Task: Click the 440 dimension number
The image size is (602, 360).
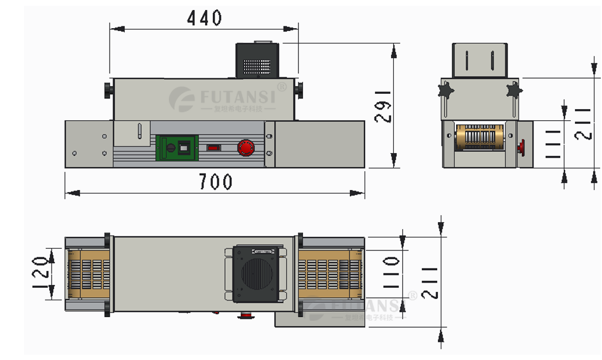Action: tap(204, 19)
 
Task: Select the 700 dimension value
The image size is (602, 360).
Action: tap(215, 182)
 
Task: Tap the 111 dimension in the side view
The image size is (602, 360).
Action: tap(553, 144)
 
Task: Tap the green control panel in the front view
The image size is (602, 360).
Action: tap(176, 148)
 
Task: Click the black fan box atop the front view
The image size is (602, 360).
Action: tap(258, 60)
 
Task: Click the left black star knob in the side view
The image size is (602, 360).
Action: tap(446, 90)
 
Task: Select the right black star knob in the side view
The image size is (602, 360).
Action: tap(514, 90)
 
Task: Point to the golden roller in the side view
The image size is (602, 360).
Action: tap(480, 138)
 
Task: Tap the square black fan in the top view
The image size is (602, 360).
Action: tap(256, 274)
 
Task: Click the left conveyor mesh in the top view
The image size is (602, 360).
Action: tap(90, 274)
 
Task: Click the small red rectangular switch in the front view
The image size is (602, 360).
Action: tap(214, 148)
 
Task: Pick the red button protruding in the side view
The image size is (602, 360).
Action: tap(522, 146)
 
